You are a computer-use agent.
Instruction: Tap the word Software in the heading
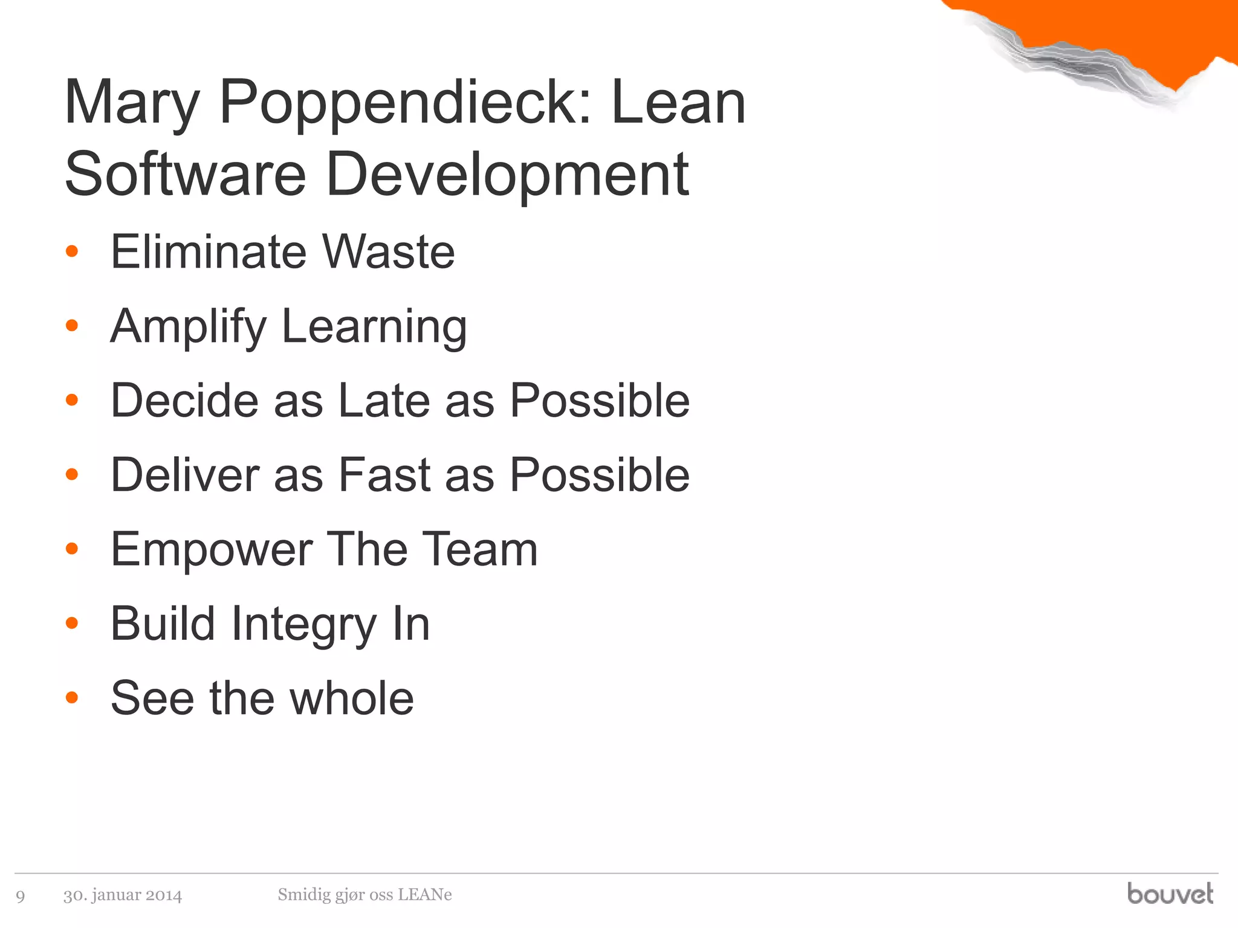[185, 175]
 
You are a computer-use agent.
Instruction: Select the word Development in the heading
[507, 175]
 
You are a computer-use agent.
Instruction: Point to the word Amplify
[188, 327]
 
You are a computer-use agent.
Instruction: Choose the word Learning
[374, 327]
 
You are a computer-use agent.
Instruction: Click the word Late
[384, 401]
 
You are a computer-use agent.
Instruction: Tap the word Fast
[384, 475]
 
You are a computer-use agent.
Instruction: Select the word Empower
[212, 550]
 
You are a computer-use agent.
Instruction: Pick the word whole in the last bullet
[352, 698]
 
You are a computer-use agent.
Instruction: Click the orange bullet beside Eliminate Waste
[72, 251]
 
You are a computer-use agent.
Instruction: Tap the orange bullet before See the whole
[72, 698]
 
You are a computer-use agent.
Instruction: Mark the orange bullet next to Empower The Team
[72, 549]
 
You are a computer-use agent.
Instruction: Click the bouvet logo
[1170, 894]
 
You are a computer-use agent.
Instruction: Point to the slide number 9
[21, 896]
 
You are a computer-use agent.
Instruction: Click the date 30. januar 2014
[123, 895]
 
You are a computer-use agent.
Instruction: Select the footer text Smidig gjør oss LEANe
[365, 895]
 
